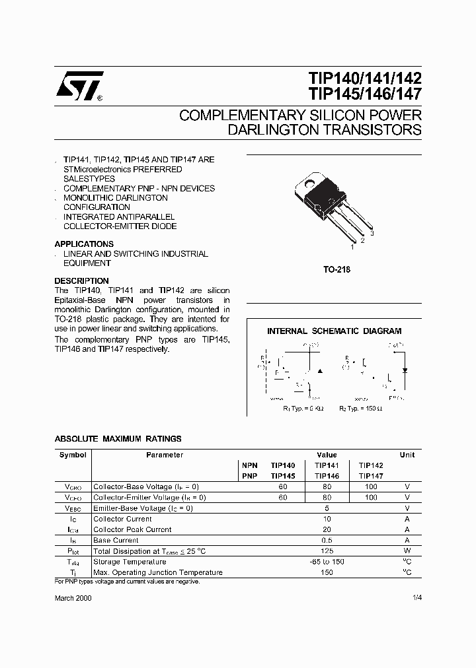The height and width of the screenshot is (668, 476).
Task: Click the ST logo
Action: (79, 86)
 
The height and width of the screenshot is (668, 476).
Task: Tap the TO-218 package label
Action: (337, 269)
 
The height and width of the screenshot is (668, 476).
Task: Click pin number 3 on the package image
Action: (372, 234)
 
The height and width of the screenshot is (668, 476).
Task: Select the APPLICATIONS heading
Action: (84, 244)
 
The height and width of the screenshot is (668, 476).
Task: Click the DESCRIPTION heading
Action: (81, 281)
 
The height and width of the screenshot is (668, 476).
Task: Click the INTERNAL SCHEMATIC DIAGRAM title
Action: (334, 331)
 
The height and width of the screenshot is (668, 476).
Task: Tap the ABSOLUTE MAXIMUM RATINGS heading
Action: (118, 438)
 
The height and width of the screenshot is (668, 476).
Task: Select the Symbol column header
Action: (73, 455)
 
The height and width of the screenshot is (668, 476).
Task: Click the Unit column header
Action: (407, 455)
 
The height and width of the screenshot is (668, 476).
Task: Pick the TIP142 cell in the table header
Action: (371, 465)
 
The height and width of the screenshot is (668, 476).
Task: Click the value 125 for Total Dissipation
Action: (327, 551)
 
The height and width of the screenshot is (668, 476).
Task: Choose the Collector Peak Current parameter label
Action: (132, 529)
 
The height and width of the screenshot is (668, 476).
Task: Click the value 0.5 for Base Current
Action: (327, 540)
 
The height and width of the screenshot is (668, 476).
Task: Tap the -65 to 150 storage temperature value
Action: (327, 562)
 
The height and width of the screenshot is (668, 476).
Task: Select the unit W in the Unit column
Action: (407, 551)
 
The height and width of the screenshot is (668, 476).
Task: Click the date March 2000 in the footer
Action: (73, 597)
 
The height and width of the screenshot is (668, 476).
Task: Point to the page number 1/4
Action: (416, 597)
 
